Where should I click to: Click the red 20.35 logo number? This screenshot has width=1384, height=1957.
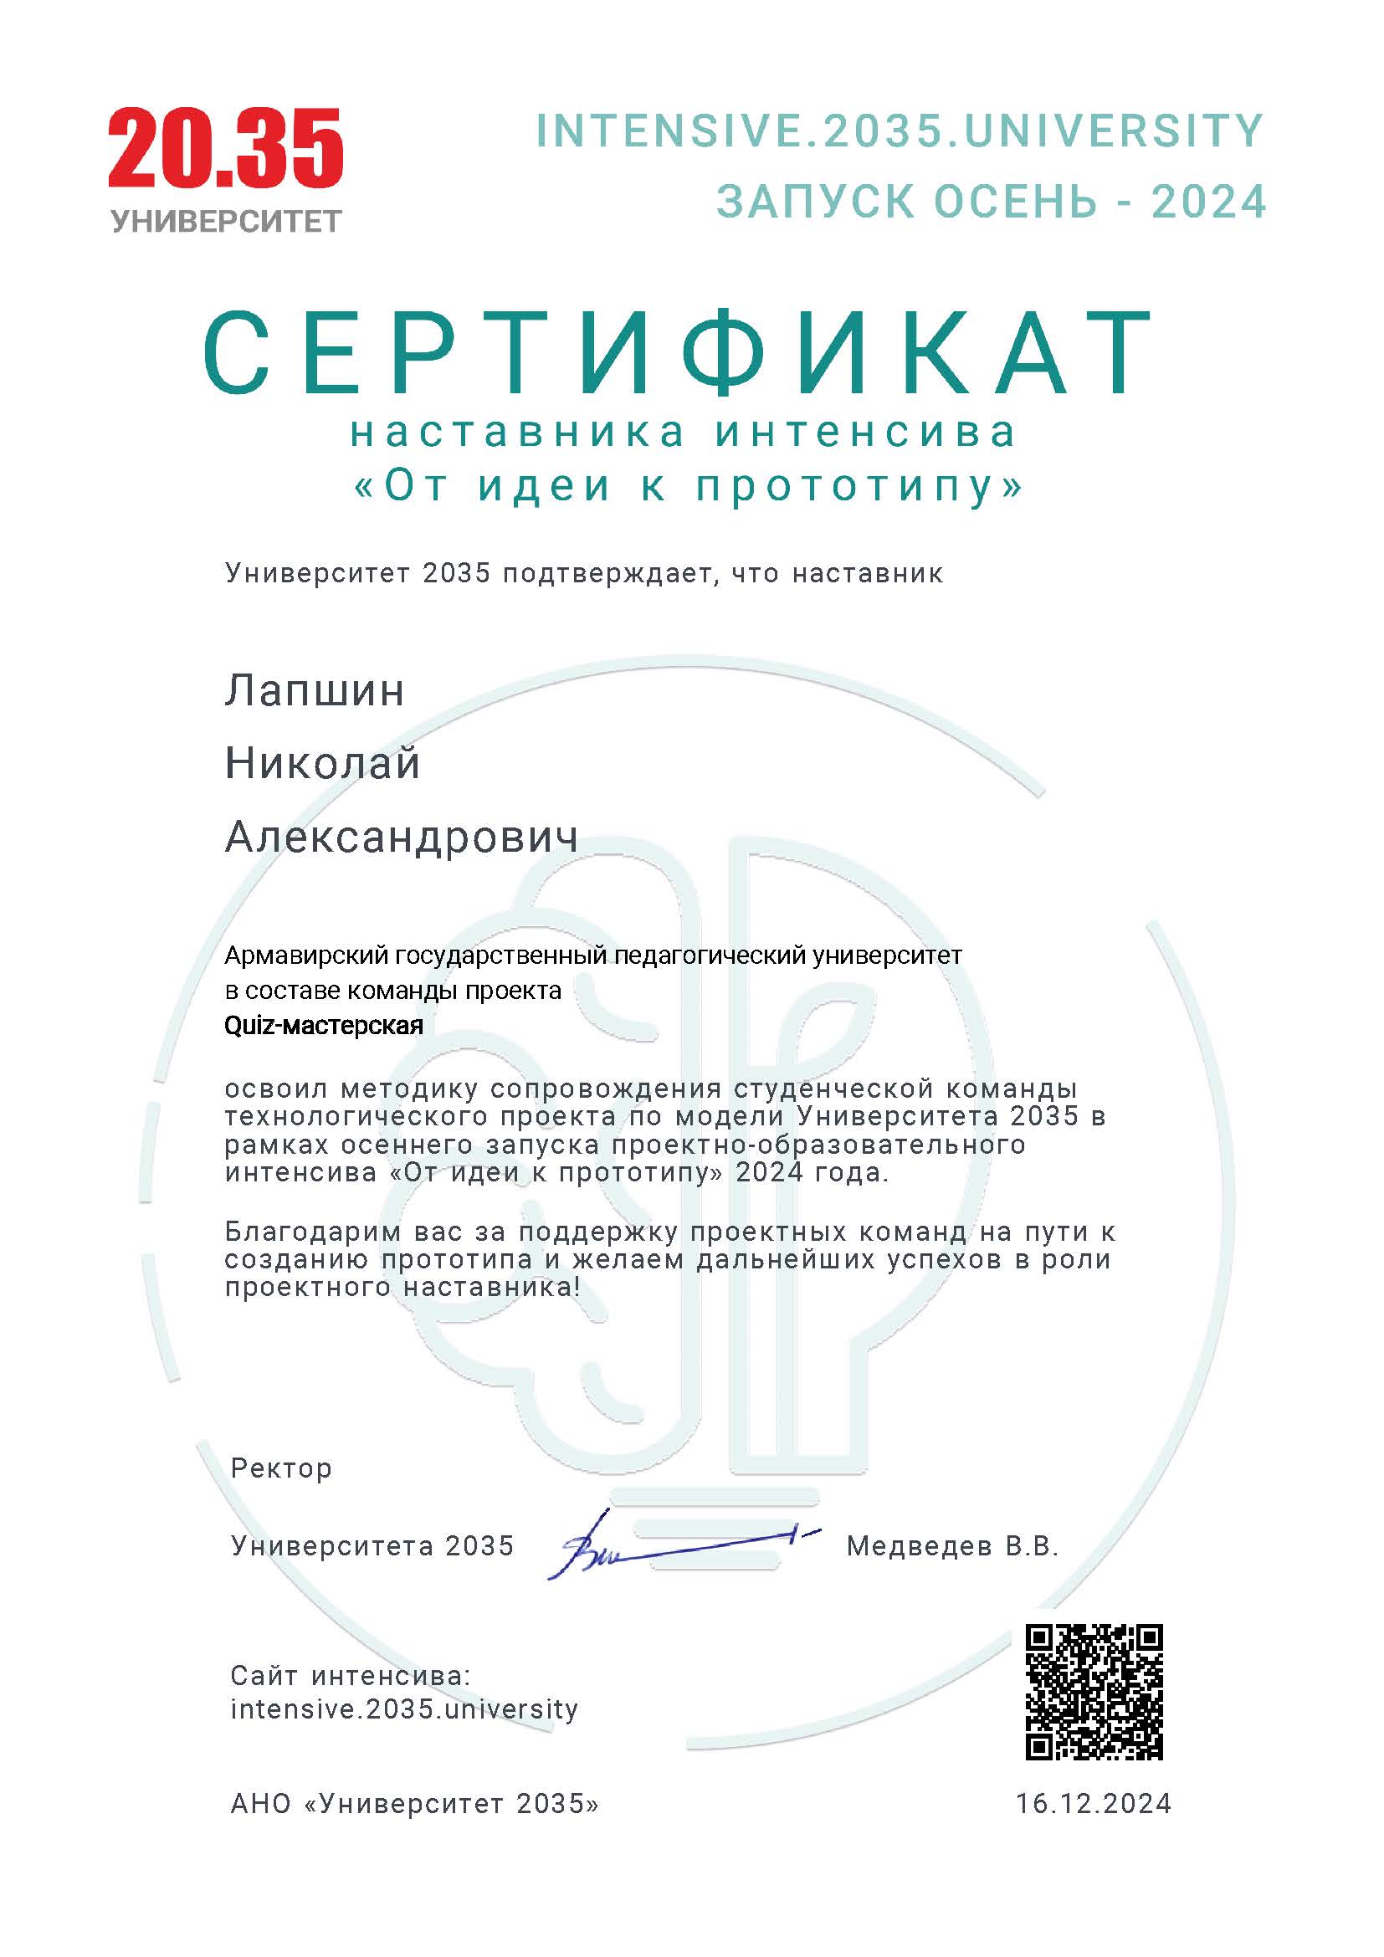225,148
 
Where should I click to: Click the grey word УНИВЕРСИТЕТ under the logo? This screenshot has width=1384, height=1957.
226,222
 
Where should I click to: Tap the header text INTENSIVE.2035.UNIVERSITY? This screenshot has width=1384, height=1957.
899,131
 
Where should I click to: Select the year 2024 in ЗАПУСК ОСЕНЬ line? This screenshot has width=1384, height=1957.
1208,202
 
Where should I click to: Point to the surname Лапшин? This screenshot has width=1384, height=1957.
315,690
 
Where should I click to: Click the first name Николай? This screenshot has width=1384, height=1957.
322,764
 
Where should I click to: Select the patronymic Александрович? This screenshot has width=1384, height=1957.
402,837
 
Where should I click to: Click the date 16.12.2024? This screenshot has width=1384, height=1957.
1094,1803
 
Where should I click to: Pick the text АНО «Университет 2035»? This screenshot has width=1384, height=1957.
414,1803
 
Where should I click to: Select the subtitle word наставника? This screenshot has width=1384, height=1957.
517,433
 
